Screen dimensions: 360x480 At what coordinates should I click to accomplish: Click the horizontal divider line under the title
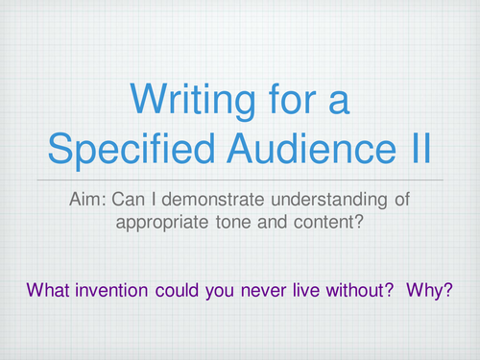[240, 180]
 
